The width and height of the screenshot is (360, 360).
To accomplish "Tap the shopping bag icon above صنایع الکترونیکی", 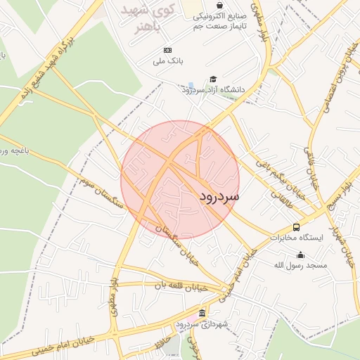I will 220,5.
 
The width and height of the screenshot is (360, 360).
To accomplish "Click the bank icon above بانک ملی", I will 167,51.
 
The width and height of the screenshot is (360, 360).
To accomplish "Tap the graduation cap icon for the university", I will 213,79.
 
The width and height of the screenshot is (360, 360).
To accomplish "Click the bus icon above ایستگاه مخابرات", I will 296,228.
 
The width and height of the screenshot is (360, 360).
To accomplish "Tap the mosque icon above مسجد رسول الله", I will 301,255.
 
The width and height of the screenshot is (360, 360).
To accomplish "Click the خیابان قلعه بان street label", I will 182,285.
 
